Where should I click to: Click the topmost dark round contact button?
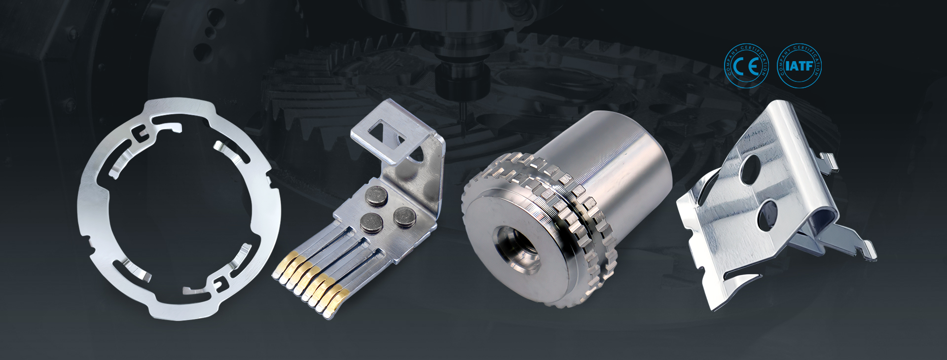tap(377, 199)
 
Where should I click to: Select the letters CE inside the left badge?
tap(746, 67)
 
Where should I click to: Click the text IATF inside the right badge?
tap(799, 67)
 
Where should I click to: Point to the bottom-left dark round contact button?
tap(369, 223)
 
